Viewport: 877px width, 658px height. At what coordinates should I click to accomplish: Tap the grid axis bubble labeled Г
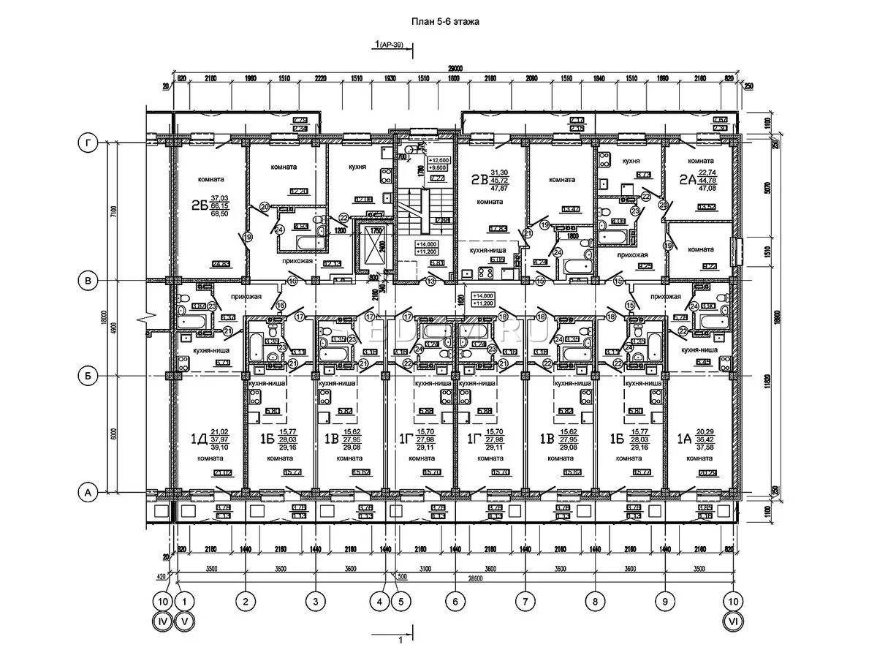click(x=88, y=145)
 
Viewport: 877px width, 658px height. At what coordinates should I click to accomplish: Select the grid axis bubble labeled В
click(x=88, y=280)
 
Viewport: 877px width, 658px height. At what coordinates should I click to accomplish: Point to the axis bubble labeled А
click(x=88, y=494)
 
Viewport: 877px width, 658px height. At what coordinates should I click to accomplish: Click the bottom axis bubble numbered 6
click(x=455, y=602)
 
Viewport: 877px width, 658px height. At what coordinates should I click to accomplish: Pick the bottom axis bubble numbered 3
click(x=315, y=602)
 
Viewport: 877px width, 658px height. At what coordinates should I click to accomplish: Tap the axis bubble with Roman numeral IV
click(x=163, y=622)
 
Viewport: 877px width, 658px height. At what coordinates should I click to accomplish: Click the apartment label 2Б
click(x=200, y=207)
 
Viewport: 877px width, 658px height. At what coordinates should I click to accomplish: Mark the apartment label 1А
click(x=684, y=439)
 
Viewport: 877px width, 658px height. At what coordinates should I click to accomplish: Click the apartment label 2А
click(x=686, y=178)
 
